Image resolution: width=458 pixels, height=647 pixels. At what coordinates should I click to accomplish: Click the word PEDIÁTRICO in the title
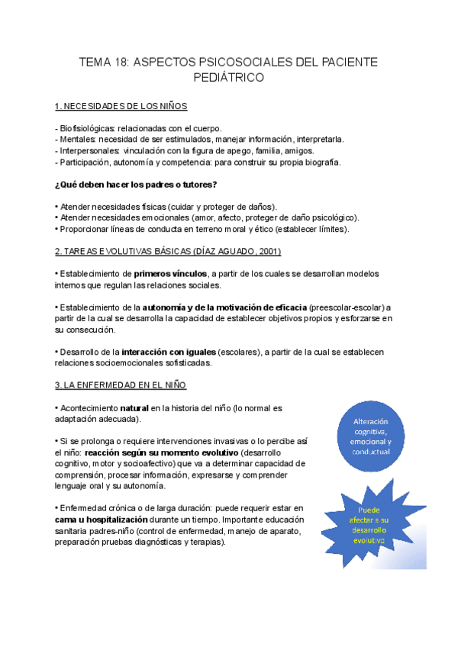[229, 78]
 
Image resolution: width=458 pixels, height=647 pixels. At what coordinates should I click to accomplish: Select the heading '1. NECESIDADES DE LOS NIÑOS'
[121, 105]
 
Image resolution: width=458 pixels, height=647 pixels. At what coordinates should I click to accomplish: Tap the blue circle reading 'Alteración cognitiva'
[371, 436]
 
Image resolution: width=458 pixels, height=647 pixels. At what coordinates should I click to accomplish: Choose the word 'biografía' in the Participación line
[322, 163]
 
